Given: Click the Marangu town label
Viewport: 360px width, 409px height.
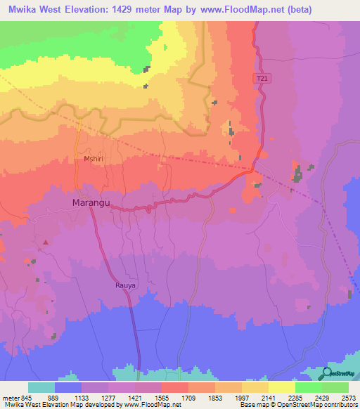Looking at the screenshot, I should point(91,203).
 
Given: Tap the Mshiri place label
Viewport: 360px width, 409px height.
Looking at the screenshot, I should point(94,160).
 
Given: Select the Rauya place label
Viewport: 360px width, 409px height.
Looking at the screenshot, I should point(124,286).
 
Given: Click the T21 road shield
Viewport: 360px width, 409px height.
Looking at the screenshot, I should point(261,79).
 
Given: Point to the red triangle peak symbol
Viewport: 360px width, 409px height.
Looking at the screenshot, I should point(46,242).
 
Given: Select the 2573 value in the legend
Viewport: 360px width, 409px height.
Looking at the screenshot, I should point(348,397).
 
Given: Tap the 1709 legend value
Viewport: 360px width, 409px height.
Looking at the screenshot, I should point(188,397).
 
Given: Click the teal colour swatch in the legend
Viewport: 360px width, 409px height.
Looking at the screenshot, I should point(41,387).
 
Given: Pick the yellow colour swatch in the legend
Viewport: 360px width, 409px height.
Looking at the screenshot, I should point(281,387).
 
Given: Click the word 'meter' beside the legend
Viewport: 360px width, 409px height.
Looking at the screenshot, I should point(11,397).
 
